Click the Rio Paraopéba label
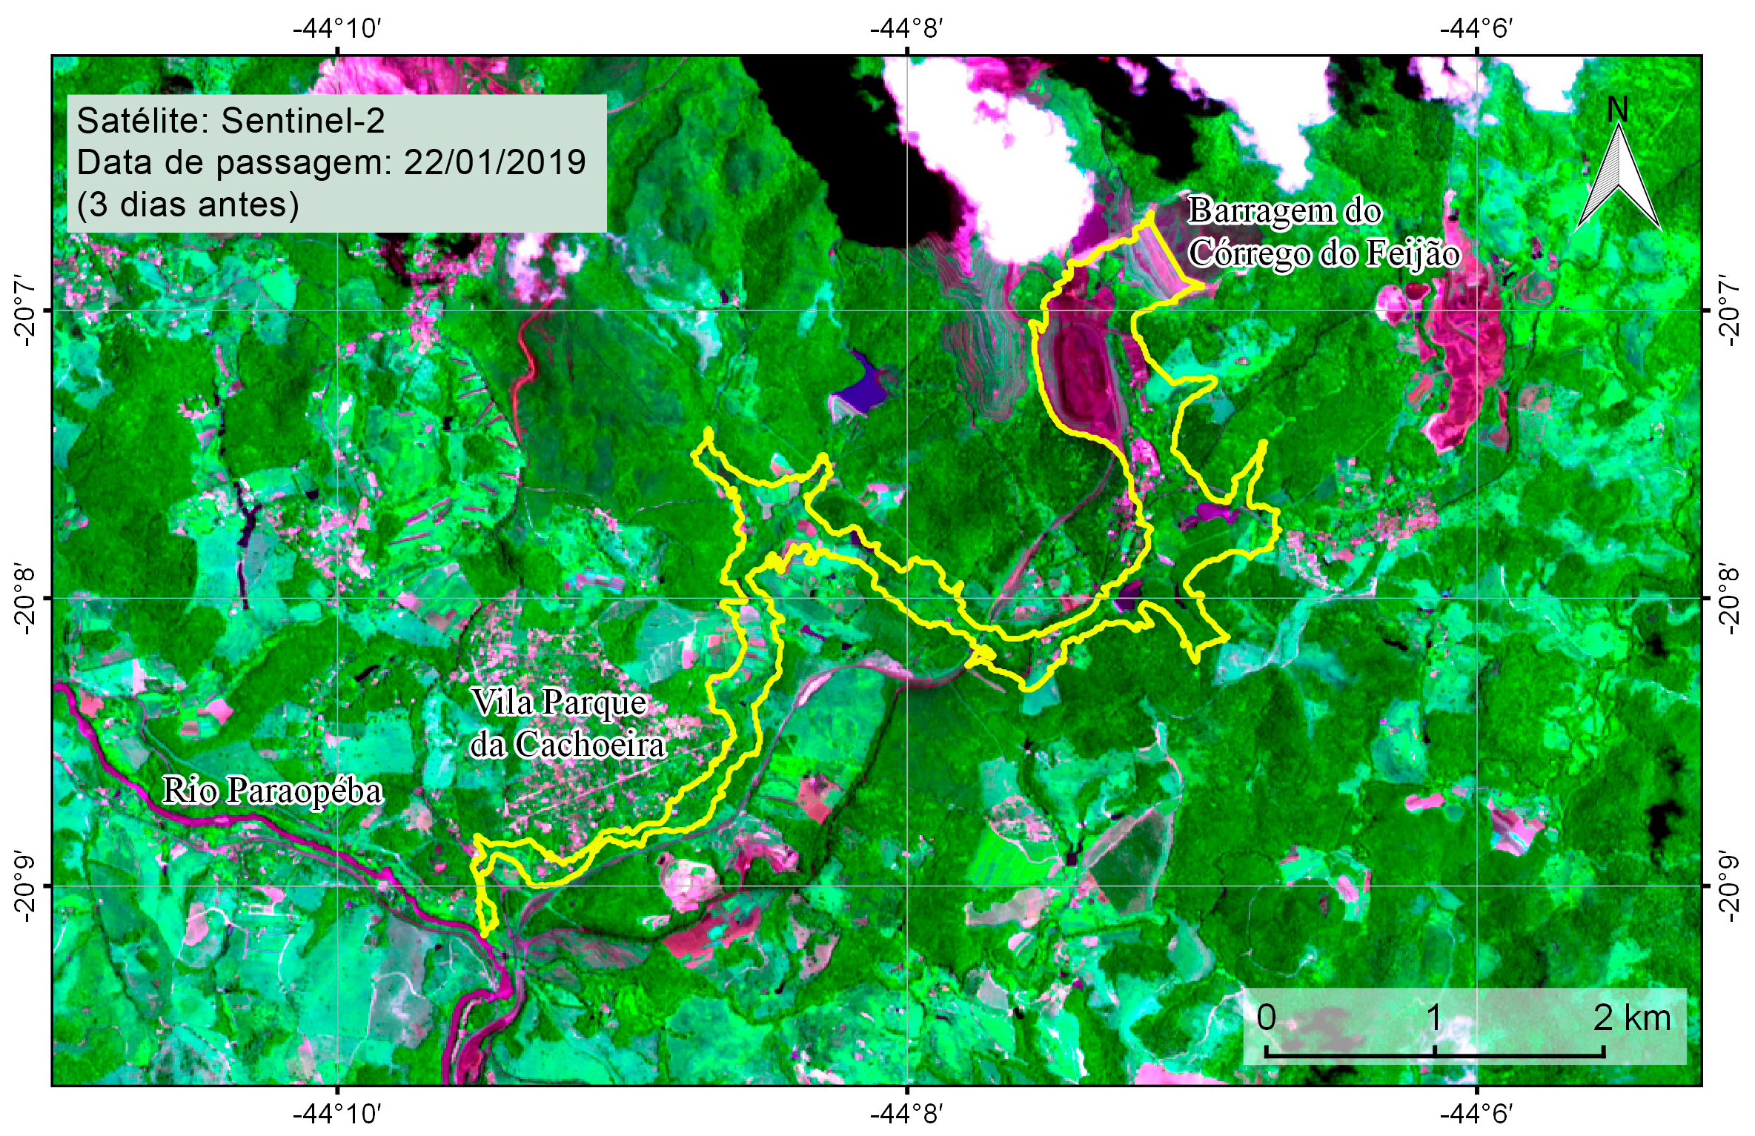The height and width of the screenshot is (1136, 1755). point(272,791)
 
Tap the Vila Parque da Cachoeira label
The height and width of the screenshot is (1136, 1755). point(568,723)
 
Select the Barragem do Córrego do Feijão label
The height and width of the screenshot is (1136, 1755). point(1322,232)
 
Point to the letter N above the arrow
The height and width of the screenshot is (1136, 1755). point(1617,110)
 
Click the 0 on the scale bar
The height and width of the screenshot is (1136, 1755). point(1266,1018)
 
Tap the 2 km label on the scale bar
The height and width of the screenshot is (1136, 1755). point(1632,1018)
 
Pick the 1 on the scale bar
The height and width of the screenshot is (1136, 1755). point(1434,1018)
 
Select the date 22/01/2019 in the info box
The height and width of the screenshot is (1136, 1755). point(494,162)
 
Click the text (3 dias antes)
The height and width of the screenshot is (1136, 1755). point(188,205)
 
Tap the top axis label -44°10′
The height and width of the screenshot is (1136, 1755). point(337,29)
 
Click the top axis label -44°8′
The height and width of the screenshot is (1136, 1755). point(906,29)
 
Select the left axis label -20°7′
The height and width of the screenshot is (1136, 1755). point(24,310)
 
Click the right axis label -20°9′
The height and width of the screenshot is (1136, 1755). point(1728,886)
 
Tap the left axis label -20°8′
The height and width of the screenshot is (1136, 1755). point(24,599)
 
